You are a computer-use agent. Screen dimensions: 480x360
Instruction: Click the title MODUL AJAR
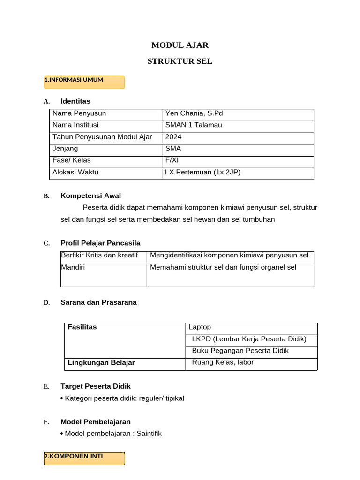[x=180, y=45]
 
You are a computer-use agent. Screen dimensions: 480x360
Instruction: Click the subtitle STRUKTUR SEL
[x=180, y=61]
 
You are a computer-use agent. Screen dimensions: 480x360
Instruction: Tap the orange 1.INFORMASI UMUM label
[x=84, y=82]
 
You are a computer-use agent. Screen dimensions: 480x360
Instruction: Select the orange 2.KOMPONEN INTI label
[x=84, y=458]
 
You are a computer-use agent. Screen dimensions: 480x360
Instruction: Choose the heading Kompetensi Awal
[x=90, y=196]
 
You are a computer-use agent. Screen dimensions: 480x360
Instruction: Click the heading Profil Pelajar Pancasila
[x=100, y=243]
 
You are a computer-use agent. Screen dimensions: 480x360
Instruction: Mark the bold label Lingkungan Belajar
[x=101, y=363]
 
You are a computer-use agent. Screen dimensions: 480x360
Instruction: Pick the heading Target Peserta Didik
[x=96, y=386]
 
